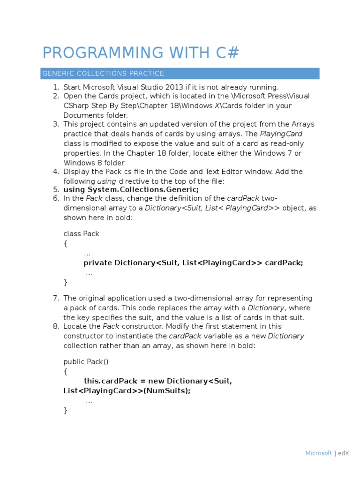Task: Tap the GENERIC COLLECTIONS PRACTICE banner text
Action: pos(103,73)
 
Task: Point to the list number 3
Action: pos(56,124)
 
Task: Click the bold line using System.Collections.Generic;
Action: pos(131,189)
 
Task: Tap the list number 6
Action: pos(56,198)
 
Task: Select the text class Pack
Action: pos(81,233)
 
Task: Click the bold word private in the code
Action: pos(97,262)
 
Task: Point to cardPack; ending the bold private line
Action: pos(284,262)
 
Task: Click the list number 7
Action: pos(56,298)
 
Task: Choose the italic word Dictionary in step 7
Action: pos(266,307)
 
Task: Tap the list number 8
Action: pos(56,326)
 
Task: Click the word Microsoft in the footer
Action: pos(318,453)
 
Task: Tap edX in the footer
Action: pos(343,453)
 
